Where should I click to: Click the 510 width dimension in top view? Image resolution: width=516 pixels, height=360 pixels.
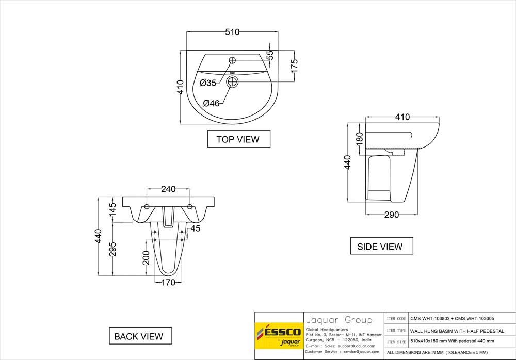pyautogui.click(x=232, y=32)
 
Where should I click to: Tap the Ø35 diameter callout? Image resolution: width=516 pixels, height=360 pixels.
pyautogui.click(x=207, y=83)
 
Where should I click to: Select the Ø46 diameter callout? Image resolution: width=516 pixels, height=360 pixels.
pyautogui.click(x=211, y=103)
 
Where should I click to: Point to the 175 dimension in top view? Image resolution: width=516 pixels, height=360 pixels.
pyautogui.click(x=294, y=66)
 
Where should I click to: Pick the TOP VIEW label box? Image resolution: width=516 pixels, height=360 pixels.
pyautogui.click(x=238, y=139)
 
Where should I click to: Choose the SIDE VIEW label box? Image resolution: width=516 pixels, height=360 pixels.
pyautogui.click(x=380, y=247)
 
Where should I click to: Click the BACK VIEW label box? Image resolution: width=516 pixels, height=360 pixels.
pyautogui.click(x=139, y=336)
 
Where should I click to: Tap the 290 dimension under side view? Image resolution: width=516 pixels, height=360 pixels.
pyautogui.click(x=392, y=215)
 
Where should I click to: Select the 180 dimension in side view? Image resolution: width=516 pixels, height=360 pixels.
pyautogui.click(x=360, y=137)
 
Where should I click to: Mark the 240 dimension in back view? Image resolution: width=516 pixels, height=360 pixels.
pyautogui.click(x=168, y=189)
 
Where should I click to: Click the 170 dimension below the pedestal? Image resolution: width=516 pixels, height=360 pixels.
pyautogui.click(x=168, y=282)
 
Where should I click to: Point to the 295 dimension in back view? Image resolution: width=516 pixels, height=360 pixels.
pyautogui.click(x=113, y=249)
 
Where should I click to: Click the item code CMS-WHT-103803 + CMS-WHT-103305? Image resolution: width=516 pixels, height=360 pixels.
pyautogui.click(x=451, y=319)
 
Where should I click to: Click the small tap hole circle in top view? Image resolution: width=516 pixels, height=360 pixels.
pyautogui.click(x=232, y=59)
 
